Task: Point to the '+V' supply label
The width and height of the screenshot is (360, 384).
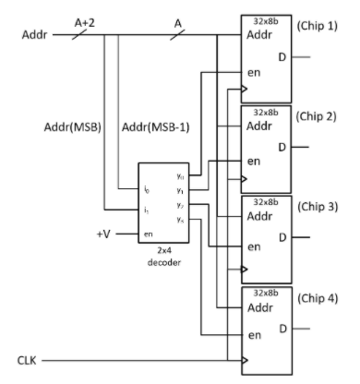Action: [x=104, y=234]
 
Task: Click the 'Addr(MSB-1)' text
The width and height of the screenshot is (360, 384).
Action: [x=152, y=126]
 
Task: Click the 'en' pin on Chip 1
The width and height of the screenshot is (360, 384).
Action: [x=251, y=69]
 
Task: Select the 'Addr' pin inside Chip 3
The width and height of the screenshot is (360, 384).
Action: [x=259, y=218]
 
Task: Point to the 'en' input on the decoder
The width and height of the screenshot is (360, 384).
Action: [x=146, y=234]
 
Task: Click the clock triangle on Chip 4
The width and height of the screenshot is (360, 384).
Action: [x=244, y=360]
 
